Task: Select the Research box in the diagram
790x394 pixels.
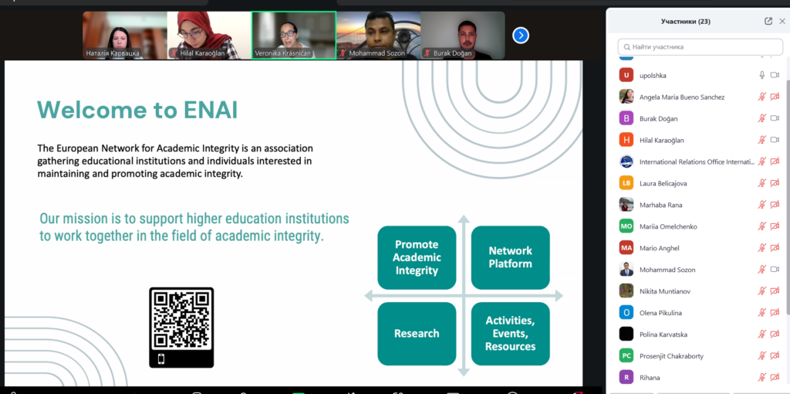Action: coord(417,334)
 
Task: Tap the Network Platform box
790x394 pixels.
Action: coord(511,257)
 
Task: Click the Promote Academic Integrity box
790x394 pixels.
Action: coord(417,257)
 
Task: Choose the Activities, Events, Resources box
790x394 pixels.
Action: coord(511,334)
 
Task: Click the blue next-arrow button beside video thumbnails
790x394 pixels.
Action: coord(521,36)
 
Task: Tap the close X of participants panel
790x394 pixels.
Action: coord(782,21)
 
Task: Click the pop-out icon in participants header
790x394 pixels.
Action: coord(768,21)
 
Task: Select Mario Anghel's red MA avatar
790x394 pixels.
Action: coord(626,248)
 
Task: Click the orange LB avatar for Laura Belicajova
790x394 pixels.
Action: coord(626,183)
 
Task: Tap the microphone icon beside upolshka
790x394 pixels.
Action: coord(762,75)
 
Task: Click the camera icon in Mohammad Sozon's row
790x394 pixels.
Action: coord(775,270)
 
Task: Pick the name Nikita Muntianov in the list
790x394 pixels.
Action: coord(664,291)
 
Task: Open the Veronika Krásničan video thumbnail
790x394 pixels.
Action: coord(294,36)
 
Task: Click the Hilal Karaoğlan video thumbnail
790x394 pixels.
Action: coord(210,36)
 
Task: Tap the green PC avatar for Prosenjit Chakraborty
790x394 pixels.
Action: coord(626,355)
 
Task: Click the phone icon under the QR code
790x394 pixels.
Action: coord(161,359)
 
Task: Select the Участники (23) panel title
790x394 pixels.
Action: coord(686,21)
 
